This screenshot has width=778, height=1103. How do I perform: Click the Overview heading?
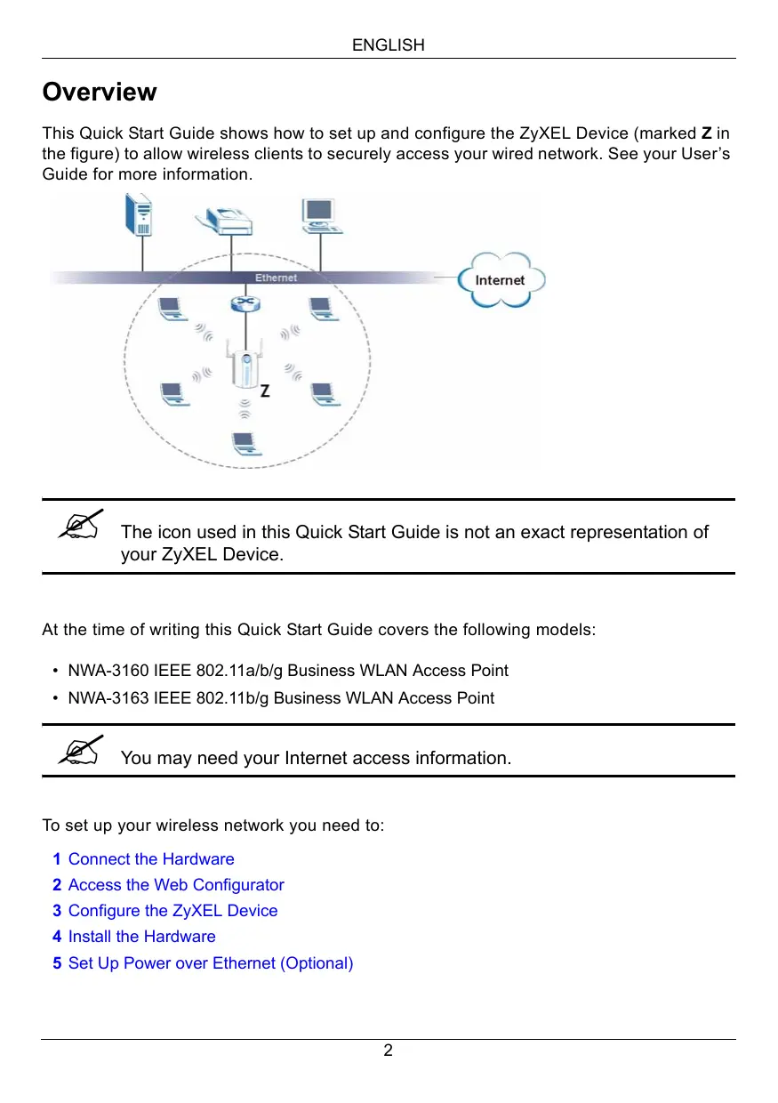[x=100, y=93]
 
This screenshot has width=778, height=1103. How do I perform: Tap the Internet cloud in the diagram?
[x=501, y=279]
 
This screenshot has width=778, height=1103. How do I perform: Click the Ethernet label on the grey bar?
[x=276, y=278]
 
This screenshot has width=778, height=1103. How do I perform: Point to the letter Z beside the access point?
[x=265, y=390]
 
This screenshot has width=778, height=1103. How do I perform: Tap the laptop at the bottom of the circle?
[x=242, y=442]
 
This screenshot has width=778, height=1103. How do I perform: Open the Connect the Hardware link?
[x=151, y=859]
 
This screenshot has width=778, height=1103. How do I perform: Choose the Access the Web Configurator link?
[x=176, y=885]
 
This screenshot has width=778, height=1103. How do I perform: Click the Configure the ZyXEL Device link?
[x=172, y=911]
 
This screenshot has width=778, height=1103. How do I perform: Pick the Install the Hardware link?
[x=141, y=937]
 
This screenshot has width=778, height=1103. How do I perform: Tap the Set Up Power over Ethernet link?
[x=211, y=963]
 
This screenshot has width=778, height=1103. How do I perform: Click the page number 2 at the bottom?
[x=389, y=1051]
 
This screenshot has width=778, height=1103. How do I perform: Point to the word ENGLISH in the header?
[x=389, y=44]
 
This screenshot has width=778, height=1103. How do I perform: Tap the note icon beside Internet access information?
[x=81, y=753]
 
